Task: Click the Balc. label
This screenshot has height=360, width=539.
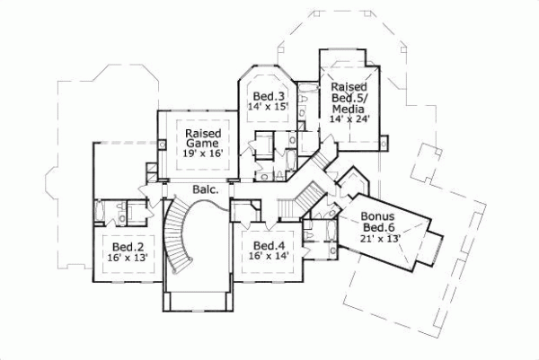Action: pos(204,189)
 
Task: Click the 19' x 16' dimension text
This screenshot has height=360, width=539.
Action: pos(203,154)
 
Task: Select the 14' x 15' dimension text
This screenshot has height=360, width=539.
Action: pos(268,107)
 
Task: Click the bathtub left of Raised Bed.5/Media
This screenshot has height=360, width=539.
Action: pos(305,100)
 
